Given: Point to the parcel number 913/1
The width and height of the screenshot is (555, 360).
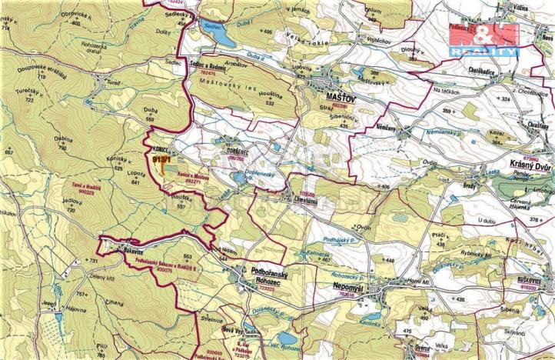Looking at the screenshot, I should point(162,159).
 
